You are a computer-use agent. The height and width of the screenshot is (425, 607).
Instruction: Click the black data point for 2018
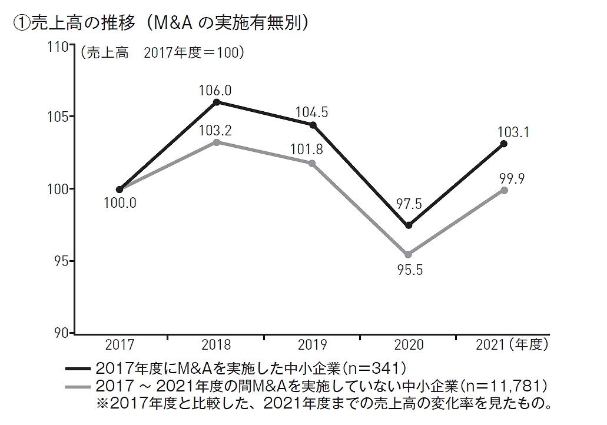click(x=217, y=102)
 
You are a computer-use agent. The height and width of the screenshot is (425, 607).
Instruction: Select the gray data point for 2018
click(x=217, y=142)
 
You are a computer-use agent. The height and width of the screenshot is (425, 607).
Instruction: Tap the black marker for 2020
click(x=409, y=225)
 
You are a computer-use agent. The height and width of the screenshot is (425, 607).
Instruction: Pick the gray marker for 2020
click(x=408, y=254)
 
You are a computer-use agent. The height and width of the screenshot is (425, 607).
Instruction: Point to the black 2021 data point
click(x=503, y=144)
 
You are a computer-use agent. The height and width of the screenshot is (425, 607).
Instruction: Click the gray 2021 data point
click(x=504, y=190)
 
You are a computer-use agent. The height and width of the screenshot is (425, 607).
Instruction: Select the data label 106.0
click(x=215, y=91)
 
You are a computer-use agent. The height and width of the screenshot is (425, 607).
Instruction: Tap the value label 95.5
click(x=410, y=270)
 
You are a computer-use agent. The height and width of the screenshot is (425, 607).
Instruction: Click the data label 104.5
click(x=311, y=112)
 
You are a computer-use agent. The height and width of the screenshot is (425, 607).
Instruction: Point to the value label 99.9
click(x=512, y=179)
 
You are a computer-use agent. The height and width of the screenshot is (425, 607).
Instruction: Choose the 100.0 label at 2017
click(x=120, y=203)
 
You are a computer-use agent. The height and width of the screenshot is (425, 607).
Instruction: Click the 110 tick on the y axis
click(x=58, y=47)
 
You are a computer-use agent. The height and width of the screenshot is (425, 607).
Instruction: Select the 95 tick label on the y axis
click(x=61, y=261)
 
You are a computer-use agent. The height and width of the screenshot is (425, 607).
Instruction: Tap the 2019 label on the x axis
click(x=312, y=344)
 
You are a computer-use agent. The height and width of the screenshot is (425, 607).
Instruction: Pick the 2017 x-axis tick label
click(x=120, y=344)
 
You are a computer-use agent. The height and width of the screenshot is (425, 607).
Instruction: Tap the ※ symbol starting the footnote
click(x=102, y=403)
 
